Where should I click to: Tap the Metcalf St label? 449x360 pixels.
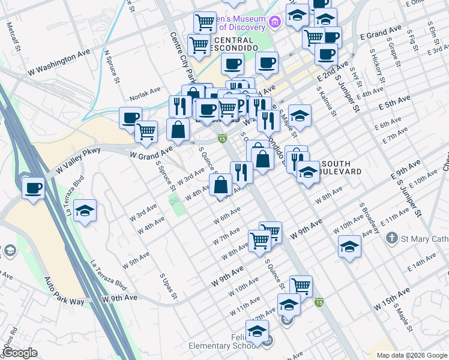tap(13, 37)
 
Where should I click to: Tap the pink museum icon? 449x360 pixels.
tap(275, 23)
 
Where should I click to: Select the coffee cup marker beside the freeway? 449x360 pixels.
tap(34, 188)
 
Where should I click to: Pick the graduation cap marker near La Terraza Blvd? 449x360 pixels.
tap(86, 211)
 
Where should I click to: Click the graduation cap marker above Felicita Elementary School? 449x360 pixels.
tap(258, 331)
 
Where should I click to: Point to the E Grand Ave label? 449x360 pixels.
tap(381, 32)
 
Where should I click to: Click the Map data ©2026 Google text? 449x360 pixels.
tap(411, 355)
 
